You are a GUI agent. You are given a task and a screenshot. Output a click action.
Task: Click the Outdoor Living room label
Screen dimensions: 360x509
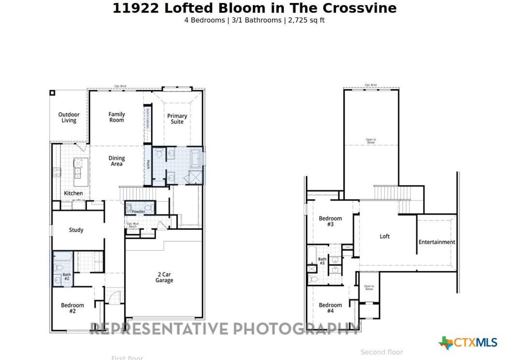pyautogui.click(x=69, y=117)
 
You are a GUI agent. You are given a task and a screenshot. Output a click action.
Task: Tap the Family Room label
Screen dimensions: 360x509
pyautogui.click(x=116, y=117)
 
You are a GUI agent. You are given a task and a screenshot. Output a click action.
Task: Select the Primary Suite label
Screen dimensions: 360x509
pyautogui.click(x=177, y=118)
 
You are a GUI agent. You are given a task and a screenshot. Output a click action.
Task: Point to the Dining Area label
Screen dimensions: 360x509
pyautogui.click(x=116, y=161)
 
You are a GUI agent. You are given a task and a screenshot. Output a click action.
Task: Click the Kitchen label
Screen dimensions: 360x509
pyautogui.click(x=73, y=193)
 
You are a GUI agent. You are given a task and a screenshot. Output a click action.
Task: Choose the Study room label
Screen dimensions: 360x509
pyautogui.click(x=76, y=230)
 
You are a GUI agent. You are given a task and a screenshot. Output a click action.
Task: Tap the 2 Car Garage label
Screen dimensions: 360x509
pyautogui.click(x=164, y=277)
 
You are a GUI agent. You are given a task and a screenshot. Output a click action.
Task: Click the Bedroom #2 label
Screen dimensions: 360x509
pyautogui.click(x=72, y=308)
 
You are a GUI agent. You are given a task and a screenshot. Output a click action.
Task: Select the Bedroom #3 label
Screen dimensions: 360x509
pyautogui.click(x=330, y=221)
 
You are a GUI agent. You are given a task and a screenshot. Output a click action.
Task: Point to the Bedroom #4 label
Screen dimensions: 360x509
pyautogui.click(x=330, y=308)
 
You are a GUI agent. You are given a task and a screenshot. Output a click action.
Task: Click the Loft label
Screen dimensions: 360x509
pyautogui.click(x=384, y=236)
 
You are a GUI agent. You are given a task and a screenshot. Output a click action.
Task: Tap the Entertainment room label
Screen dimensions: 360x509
pyautogui.click(x=436, y=242)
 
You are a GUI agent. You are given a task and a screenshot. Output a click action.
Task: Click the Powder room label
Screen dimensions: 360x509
pyautogui.click(x=138, y=212)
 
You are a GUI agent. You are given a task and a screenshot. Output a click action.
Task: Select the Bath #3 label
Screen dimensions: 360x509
pyautogui.click(x=322, y=261)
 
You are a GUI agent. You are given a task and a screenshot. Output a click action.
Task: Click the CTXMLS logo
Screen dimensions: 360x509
pyautogui.click(x=467, y=343)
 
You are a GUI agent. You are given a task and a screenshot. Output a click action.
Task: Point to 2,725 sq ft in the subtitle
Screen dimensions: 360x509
pyautogui.click(x=306, y=20)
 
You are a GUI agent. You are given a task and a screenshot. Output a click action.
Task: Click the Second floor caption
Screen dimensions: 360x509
pyautogui.click(x=381, y=352)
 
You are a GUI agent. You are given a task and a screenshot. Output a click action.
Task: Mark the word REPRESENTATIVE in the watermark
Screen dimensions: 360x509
pyautogui.click(x=159, y=329)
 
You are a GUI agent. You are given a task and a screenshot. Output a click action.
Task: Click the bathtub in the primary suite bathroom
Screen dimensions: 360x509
pyautogui.click(x=195, y=158)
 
